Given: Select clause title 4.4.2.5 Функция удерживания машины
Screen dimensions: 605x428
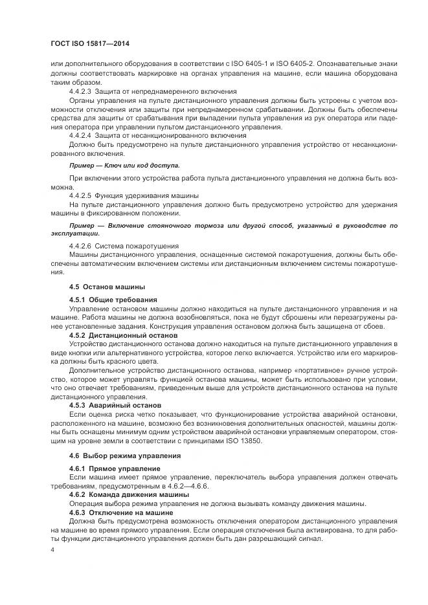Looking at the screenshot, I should [x=133, y=195].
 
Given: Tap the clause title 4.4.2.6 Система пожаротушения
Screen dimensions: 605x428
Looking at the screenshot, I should [x=124, y=246].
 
